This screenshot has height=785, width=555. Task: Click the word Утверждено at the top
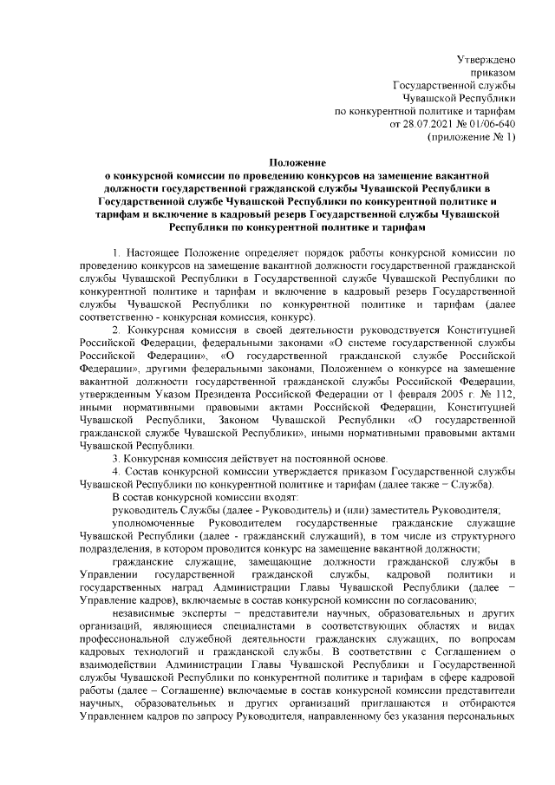click(486, 58)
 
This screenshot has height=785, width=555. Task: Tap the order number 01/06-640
click(492, 124)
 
